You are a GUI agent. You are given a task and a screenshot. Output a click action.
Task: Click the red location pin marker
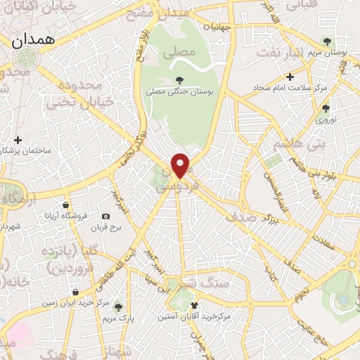pos(181,165)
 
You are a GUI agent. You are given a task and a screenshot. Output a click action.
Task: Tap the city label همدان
pos(32,41)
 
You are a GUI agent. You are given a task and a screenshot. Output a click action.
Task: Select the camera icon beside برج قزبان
pos(105,217)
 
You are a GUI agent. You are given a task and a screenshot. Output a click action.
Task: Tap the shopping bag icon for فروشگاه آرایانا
pos(66,205)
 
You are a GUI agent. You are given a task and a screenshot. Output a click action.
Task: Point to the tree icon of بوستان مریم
pos(325,40)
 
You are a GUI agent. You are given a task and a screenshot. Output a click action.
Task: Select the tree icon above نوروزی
pos(325,108)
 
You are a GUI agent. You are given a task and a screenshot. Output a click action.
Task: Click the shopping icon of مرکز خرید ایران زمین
pos(75,292)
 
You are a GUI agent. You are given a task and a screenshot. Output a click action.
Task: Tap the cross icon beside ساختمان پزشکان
pos(18,141)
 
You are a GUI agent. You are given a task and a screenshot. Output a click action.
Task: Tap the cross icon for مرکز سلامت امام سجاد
pos(289,76)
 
